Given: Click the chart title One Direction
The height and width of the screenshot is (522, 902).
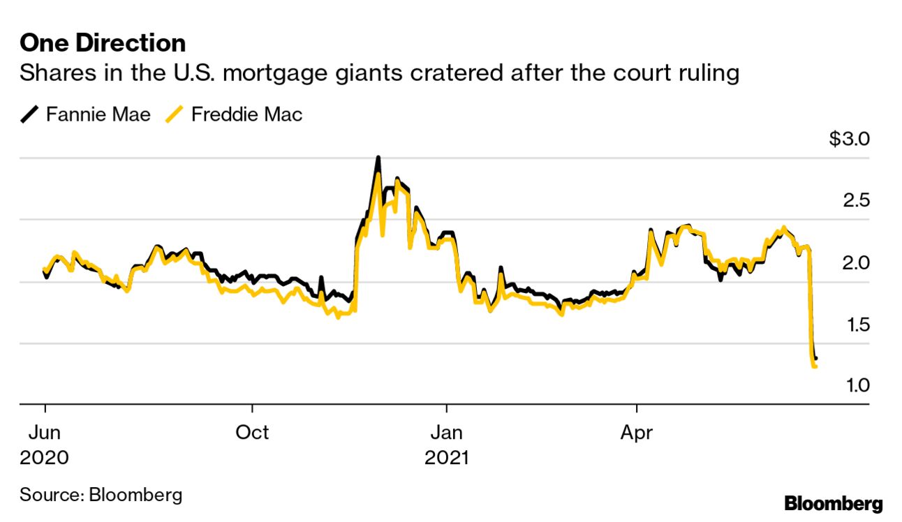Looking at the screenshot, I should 103,43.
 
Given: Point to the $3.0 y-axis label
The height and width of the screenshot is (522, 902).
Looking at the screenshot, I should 849,139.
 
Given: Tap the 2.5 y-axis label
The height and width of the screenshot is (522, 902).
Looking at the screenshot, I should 856,201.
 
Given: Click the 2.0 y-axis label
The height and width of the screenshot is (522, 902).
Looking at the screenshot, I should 856,263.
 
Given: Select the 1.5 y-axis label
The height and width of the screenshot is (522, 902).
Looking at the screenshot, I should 856,325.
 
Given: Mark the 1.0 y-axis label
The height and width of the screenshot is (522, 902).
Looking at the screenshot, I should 856,385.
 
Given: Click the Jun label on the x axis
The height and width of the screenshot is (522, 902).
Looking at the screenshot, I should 45,433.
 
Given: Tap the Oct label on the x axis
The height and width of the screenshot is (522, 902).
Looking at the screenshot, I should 252,433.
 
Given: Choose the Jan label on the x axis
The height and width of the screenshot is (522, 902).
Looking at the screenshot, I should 445,433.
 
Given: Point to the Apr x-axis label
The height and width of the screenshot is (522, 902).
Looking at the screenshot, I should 637,433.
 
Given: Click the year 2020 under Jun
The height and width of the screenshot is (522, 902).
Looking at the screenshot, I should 45,458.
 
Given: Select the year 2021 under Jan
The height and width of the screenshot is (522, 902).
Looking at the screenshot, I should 447,458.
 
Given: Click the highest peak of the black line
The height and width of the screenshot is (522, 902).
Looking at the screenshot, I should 378,158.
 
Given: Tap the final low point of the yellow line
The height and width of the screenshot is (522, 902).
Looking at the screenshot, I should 815,366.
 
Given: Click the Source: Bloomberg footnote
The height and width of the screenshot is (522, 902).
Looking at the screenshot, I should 101,495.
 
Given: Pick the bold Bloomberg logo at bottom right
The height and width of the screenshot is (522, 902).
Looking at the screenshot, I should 834,504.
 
